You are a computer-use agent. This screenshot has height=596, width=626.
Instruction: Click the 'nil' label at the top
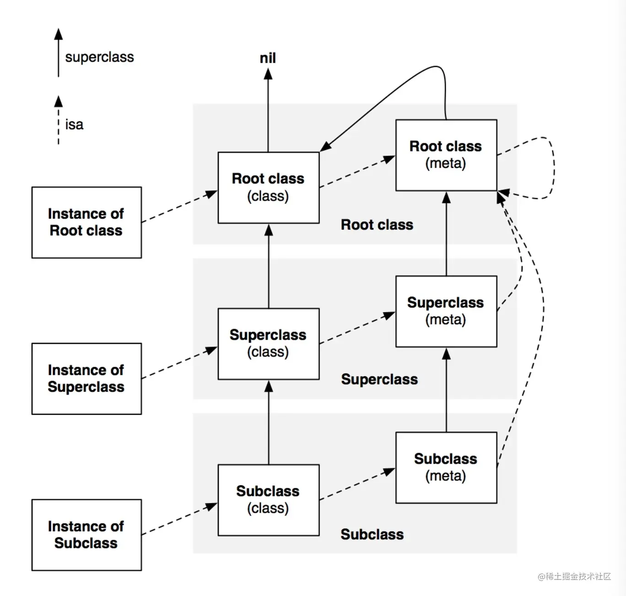coord(268,58)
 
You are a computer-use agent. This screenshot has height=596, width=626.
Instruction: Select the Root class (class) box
coord(269,188)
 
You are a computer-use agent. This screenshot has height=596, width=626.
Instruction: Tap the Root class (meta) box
coord(446,155)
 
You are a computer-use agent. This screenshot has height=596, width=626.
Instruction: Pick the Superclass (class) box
coord(269,344)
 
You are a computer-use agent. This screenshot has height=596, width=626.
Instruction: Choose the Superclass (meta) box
coord(446,311)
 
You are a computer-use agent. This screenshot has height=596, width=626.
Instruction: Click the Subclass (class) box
coord(269,500)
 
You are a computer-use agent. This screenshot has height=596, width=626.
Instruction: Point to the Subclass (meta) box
coord(446,467)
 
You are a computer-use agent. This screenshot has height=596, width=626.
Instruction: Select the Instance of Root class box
coord(86,222)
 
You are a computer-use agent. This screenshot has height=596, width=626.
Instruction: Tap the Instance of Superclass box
coord(86,379)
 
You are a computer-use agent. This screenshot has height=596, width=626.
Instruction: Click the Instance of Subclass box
coord(86,535)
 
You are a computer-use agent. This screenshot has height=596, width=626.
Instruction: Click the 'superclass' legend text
coord(99,57)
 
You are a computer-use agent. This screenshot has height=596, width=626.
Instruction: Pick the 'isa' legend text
coord(74,125)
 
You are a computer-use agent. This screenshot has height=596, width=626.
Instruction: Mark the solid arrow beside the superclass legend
coord(58,53)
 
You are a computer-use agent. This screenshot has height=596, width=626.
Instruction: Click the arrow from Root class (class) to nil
coord(268,112)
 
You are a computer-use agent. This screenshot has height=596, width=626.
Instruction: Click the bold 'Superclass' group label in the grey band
coord(379,379)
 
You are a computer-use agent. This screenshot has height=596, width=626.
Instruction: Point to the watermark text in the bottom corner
coord(574,576)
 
